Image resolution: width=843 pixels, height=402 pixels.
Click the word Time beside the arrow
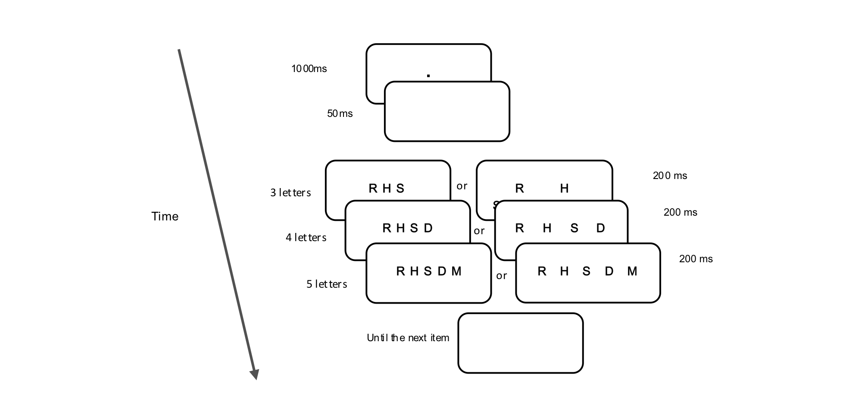(165, 217)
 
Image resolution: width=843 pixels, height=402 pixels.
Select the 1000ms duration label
(309, 69)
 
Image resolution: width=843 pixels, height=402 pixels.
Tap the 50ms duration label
(340, 113)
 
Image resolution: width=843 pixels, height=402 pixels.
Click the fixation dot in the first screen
(428, 76)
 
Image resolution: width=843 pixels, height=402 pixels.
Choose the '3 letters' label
(290, 193)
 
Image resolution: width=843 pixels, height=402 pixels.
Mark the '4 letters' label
(306, 238)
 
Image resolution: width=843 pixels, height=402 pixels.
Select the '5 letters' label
(327, 284)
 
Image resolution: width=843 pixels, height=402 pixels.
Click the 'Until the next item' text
(408, 338)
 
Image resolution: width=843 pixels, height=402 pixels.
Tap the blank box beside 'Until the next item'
(520, 343)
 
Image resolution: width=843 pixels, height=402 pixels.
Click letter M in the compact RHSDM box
(456, 271)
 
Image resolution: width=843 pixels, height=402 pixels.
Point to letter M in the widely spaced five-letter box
(632, 271)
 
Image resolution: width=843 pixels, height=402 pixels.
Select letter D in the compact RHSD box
(428, 228)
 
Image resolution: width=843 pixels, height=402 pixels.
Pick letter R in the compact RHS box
(373, 188)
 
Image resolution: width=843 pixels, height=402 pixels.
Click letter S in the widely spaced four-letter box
(574, 228)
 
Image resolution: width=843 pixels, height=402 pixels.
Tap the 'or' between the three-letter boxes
(462, 186)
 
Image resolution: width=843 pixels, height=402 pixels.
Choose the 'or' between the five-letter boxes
(502, 276)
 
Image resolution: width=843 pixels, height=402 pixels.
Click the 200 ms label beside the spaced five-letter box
(696, 259)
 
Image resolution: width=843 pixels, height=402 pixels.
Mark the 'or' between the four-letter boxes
(479, 231)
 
